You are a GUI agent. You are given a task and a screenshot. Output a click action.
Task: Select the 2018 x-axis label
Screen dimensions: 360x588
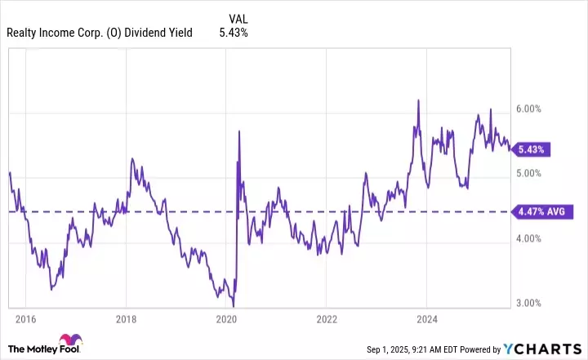coord(126,318)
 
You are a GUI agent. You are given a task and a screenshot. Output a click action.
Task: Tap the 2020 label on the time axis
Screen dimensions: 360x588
coord(226,318)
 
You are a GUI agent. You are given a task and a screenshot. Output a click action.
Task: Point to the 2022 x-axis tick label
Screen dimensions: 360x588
coord(326,318)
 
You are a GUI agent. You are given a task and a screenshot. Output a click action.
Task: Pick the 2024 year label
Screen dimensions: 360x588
coord(426,318)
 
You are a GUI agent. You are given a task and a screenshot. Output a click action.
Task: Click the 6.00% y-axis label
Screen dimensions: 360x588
coord(528,109)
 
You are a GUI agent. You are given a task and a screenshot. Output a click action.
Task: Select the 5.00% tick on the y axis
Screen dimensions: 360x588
coord(528,173)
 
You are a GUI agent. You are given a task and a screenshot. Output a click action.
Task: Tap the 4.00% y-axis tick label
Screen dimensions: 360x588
coord(528,238)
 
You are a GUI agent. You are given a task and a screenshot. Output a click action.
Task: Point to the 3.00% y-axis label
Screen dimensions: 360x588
coord(528,303)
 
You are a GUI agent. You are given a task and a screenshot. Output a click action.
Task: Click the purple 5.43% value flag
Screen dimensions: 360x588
coord(532,149)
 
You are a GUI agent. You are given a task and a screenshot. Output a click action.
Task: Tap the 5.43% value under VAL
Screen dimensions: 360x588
coord(233,33)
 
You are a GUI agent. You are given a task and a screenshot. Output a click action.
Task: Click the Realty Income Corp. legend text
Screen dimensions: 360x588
coord(99,33)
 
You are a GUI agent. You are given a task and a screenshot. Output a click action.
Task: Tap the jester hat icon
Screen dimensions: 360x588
coord(69,342)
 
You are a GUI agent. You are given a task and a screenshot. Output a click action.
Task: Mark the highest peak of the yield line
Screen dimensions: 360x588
coord(418,100)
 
